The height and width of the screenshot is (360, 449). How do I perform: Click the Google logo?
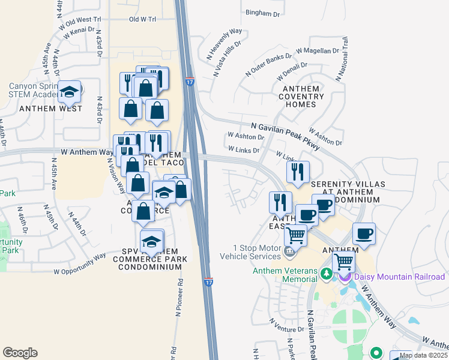(20, 353)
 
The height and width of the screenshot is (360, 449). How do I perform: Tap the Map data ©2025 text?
(423, 356)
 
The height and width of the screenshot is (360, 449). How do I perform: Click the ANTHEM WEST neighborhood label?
(50, 109)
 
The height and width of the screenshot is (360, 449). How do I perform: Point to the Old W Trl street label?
(143, 19)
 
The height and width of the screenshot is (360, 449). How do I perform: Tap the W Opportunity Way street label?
(80, 263)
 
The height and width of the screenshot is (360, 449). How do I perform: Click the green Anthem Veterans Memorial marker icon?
(327, 274)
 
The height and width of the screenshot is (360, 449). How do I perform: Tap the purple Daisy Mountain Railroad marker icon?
(345, 277)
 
